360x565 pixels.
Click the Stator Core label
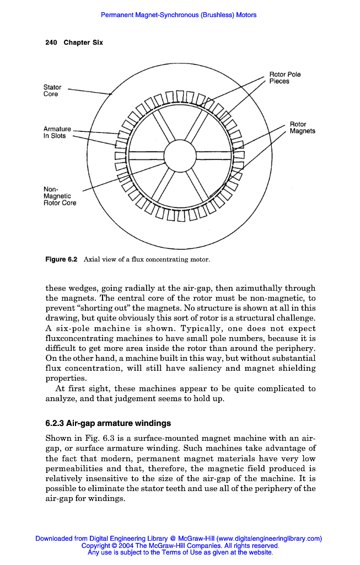tap(52, 90)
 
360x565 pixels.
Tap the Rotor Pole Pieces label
tap(284, 78)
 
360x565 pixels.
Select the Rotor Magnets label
tap(302, 127)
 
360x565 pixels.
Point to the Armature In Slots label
tap(57, 132)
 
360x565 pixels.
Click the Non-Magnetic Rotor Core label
tap(60, 196)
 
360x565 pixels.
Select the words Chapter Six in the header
tap(83, 42)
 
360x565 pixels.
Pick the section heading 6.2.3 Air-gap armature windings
tap(108, 424)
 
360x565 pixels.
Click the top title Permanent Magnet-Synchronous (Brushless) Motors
tap(179, 15)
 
